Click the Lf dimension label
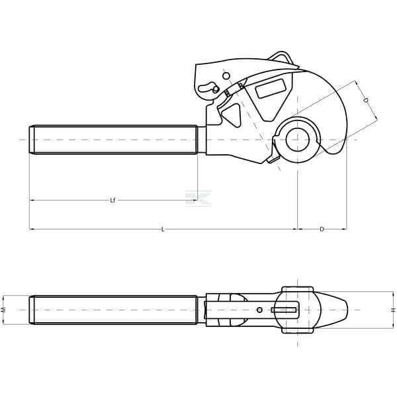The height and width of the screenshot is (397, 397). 112,200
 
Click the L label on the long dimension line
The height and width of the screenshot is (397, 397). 163,230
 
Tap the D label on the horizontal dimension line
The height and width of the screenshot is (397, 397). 322,230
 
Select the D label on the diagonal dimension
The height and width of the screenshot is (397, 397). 366,101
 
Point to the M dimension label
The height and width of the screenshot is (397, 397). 3,310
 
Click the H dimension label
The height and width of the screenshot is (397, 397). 393,310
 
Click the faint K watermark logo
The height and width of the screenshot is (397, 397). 198,198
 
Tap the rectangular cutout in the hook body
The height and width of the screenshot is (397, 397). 271,89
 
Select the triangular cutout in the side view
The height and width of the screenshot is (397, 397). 232,114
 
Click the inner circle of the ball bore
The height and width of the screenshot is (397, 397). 298,140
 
